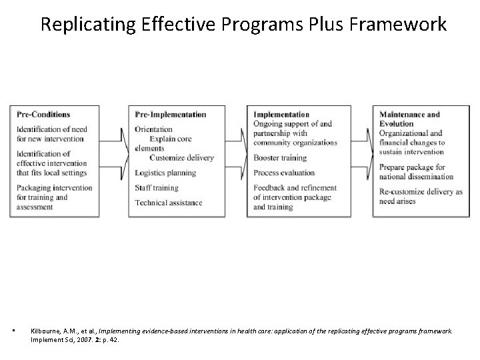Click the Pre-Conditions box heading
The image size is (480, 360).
[43, 115]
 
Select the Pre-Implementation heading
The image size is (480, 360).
[170, 115]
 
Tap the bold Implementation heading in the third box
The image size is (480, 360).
[281, 115]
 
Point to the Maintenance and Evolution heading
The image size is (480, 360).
[409, 119]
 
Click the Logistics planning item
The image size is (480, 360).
[165, 173]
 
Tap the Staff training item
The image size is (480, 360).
[156, 188]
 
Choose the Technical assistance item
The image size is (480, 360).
[168, 203]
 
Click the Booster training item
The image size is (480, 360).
[280, 159]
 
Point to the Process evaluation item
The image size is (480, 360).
[283, 173]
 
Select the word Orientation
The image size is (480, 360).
[153, 129]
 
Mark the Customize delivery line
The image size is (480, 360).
[181, 158]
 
